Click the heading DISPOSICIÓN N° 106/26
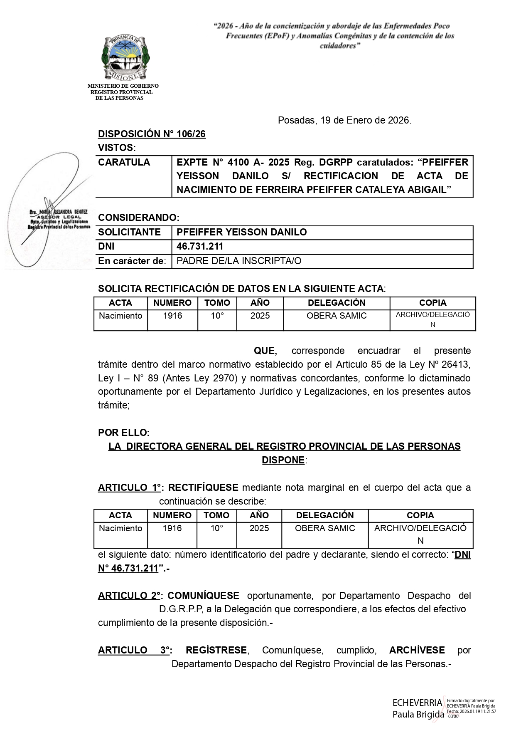click(152, 134)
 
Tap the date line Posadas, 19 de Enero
click(344, 121)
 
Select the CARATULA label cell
click(124, 162)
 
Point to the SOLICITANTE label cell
click(129, 232)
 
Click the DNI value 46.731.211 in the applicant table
click(200, 246)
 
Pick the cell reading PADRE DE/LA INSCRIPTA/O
click(239, 261)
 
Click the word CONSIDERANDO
click(138, 218)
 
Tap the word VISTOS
click(116, 148)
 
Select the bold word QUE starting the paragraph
click(265, 351)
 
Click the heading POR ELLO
click(123, 433)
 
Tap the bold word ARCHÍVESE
click(417, 650)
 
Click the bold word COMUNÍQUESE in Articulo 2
click(203, 596)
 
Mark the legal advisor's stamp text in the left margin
click(59, 220)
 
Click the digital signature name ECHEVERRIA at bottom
click(417, 703)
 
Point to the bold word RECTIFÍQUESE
click(203, 487)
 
